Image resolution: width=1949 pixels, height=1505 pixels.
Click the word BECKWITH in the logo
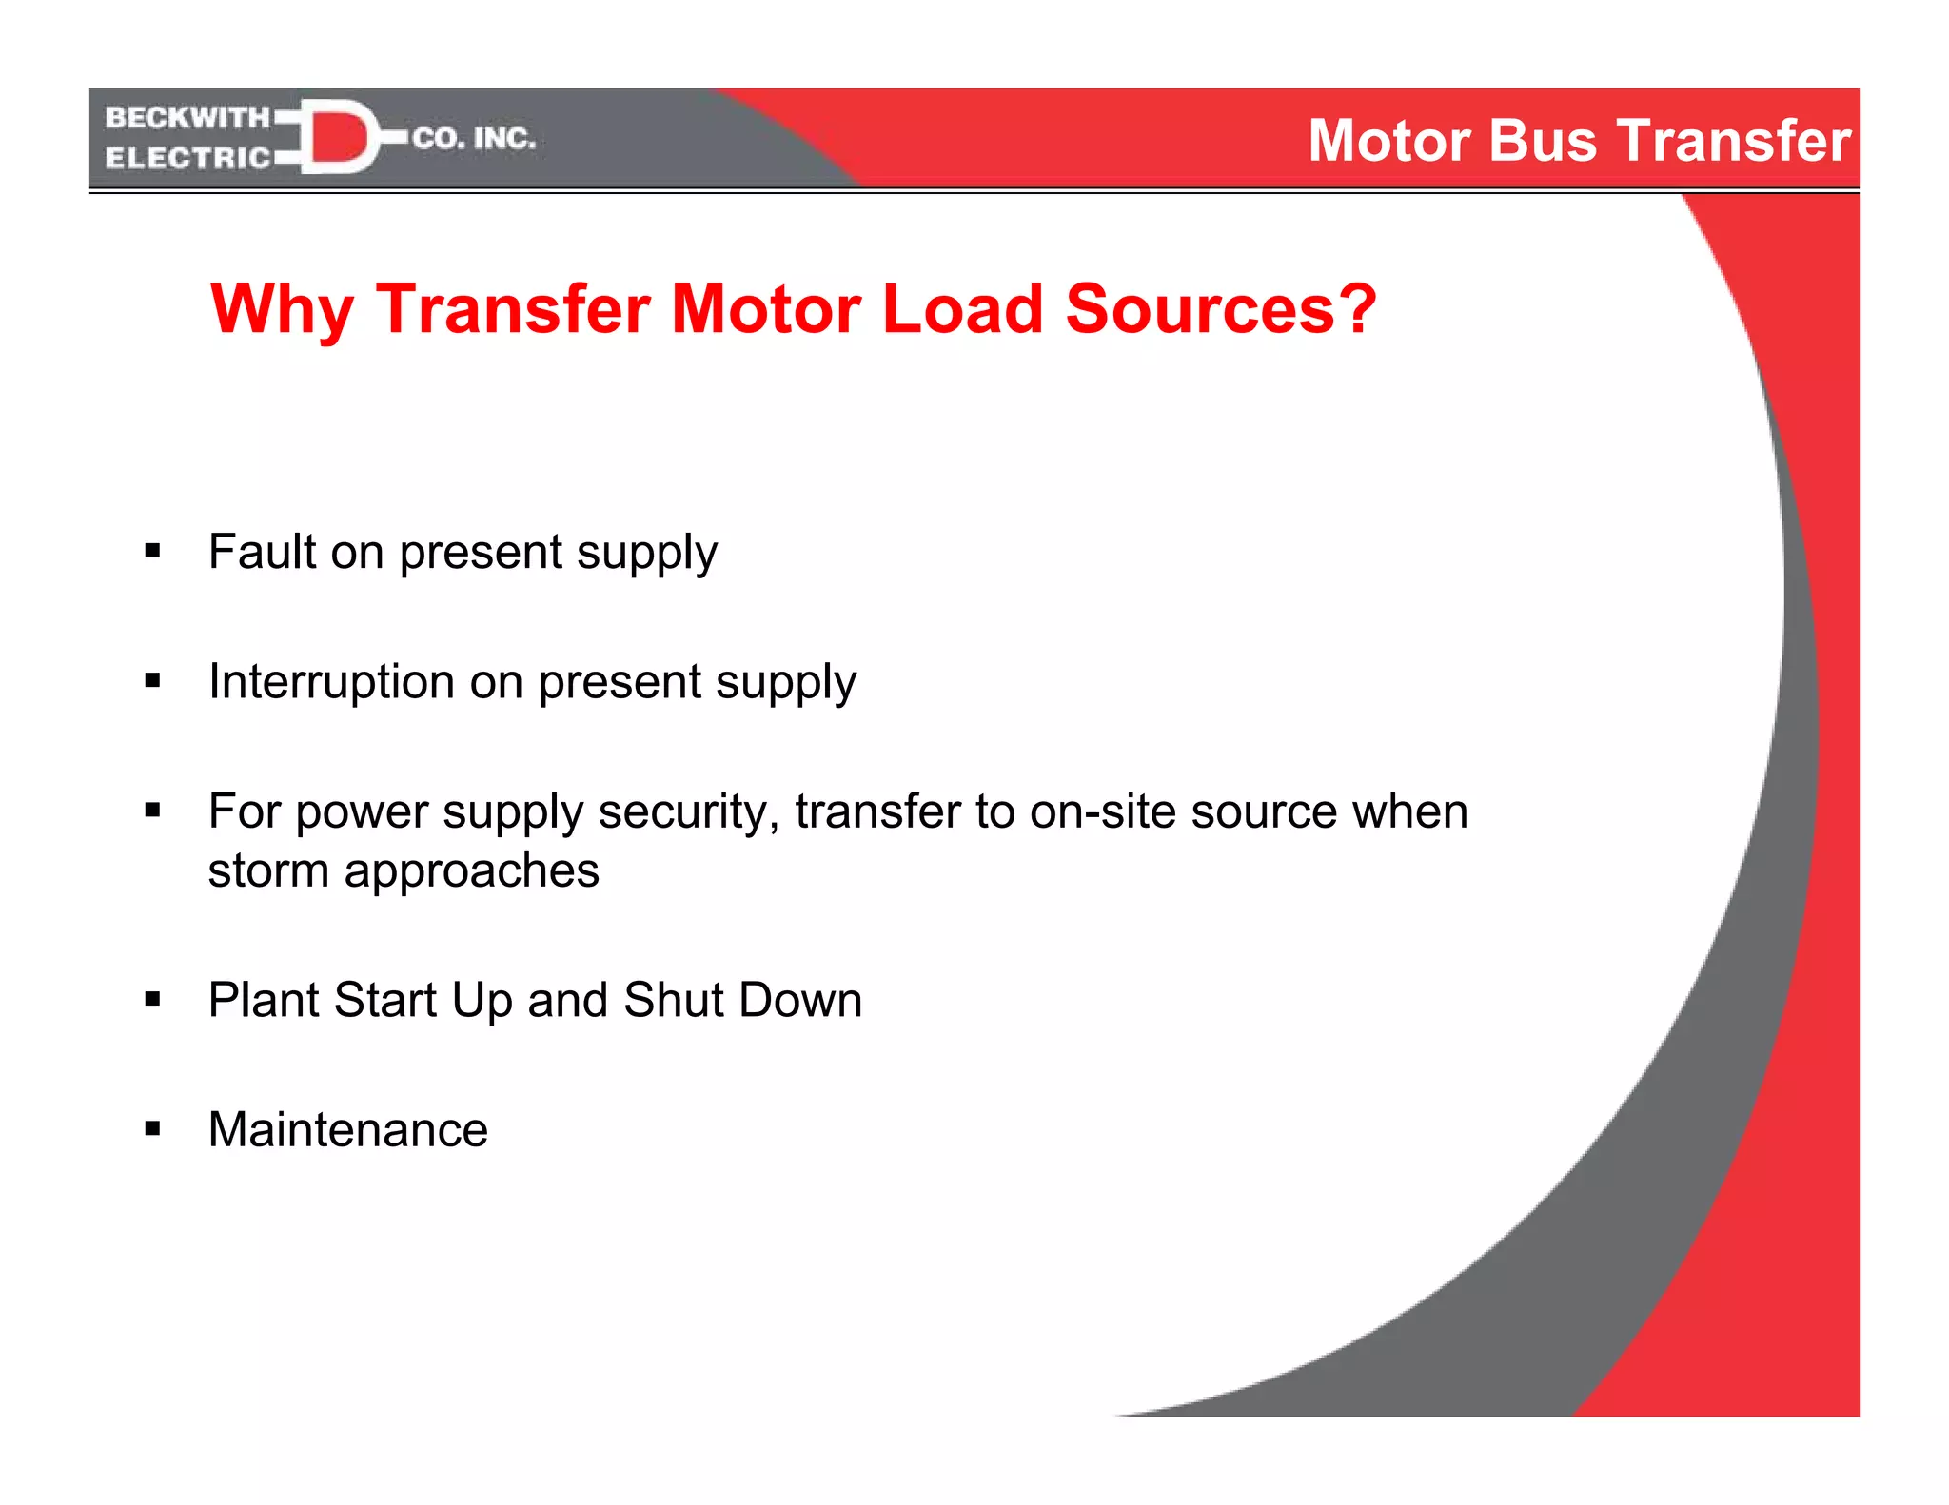(x=187, y=118)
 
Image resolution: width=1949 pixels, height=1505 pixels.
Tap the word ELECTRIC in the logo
(x=187, y=158)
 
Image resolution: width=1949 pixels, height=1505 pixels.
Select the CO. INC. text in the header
(x=474, y=139)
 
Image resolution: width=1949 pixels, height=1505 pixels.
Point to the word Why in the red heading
(x=282, y=310)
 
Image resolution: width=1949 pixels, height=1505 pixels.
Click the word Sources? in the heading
(x=1221, y=309)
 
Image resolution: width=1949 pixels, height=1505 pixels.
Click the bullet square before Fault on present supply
(x=152, y=551)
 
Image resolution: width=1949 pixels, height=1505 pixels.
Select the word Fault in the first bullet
(x=262, y=552)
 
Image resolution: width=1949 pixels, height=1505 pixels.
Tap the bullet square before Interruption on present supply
(x=152, y=680)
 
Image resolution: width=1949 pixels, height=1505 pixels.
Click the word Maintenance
(x=348, y=1130)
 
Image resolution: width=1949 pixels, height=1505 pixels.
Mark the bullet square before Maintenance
(x=152, y=1129)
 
